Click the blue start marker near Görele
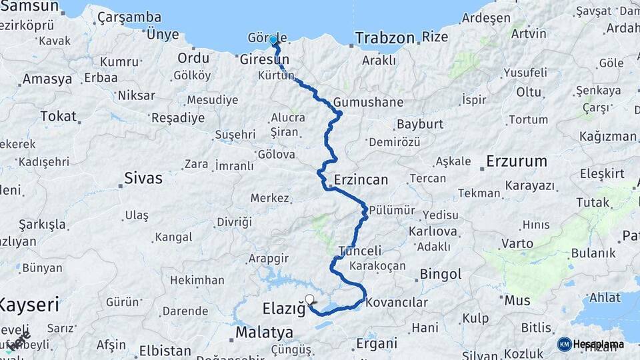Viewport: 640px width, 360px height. tap(273, 39)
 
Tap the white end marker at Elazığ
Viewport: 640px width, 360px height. tap(309, 299)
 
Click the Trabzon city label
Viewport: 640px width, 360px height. tap(385, 37)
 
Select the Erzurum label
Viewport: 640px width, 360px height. tap(517, 161)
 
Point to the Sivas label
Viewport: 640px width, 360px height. tap(143, 178)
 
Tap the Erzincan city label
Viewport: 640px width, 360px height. tap(361, 180)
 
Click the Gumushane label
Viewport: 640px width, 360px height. tap(369, 102)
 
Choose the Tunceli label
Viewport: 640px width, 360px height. tap(360, 251)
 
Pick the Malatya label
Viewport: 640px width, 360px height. tap(264, 332)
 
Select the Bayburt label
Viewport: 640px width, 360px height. tap(420, 124)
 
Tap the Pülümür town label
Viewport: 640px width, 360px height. tap(392, 210)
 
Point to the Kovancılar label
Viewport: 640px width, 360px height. tap(397, 302)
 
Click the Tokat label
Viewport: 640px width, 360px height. tap(58, 116)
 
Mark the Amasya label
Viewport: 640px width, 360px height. tap(47, 79)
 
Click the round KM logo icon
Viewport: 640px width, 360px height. tap(564, 344)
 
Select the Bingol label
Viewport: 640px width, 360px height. tap(441, 274)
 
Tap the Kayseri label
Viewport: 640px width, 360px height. tap(29, 305)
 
